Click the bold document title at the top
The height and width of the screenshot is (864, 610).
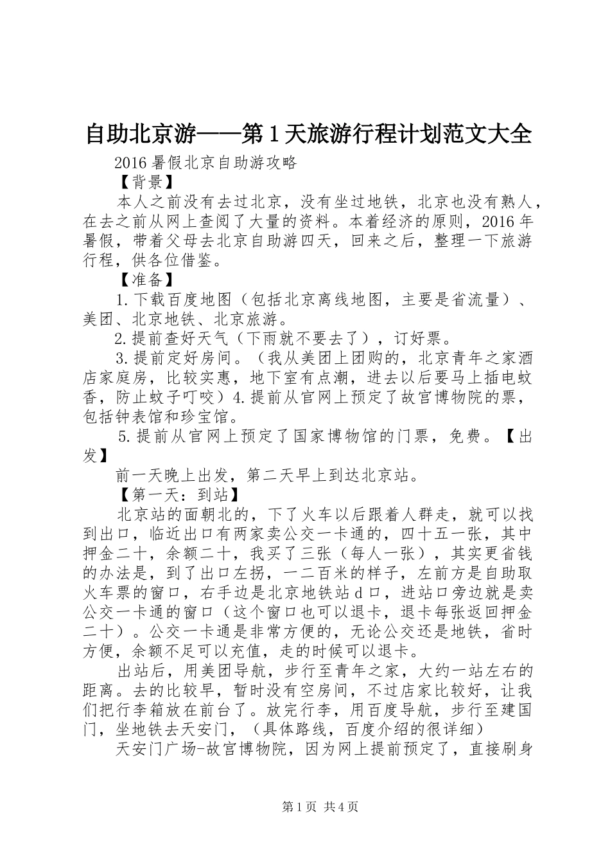tap(308, 134)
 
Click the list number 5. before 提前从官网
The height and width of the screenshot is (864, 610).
tap(126, 437)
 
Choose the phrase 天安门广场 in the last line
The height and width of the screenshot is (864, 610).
tap(156, 749)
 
